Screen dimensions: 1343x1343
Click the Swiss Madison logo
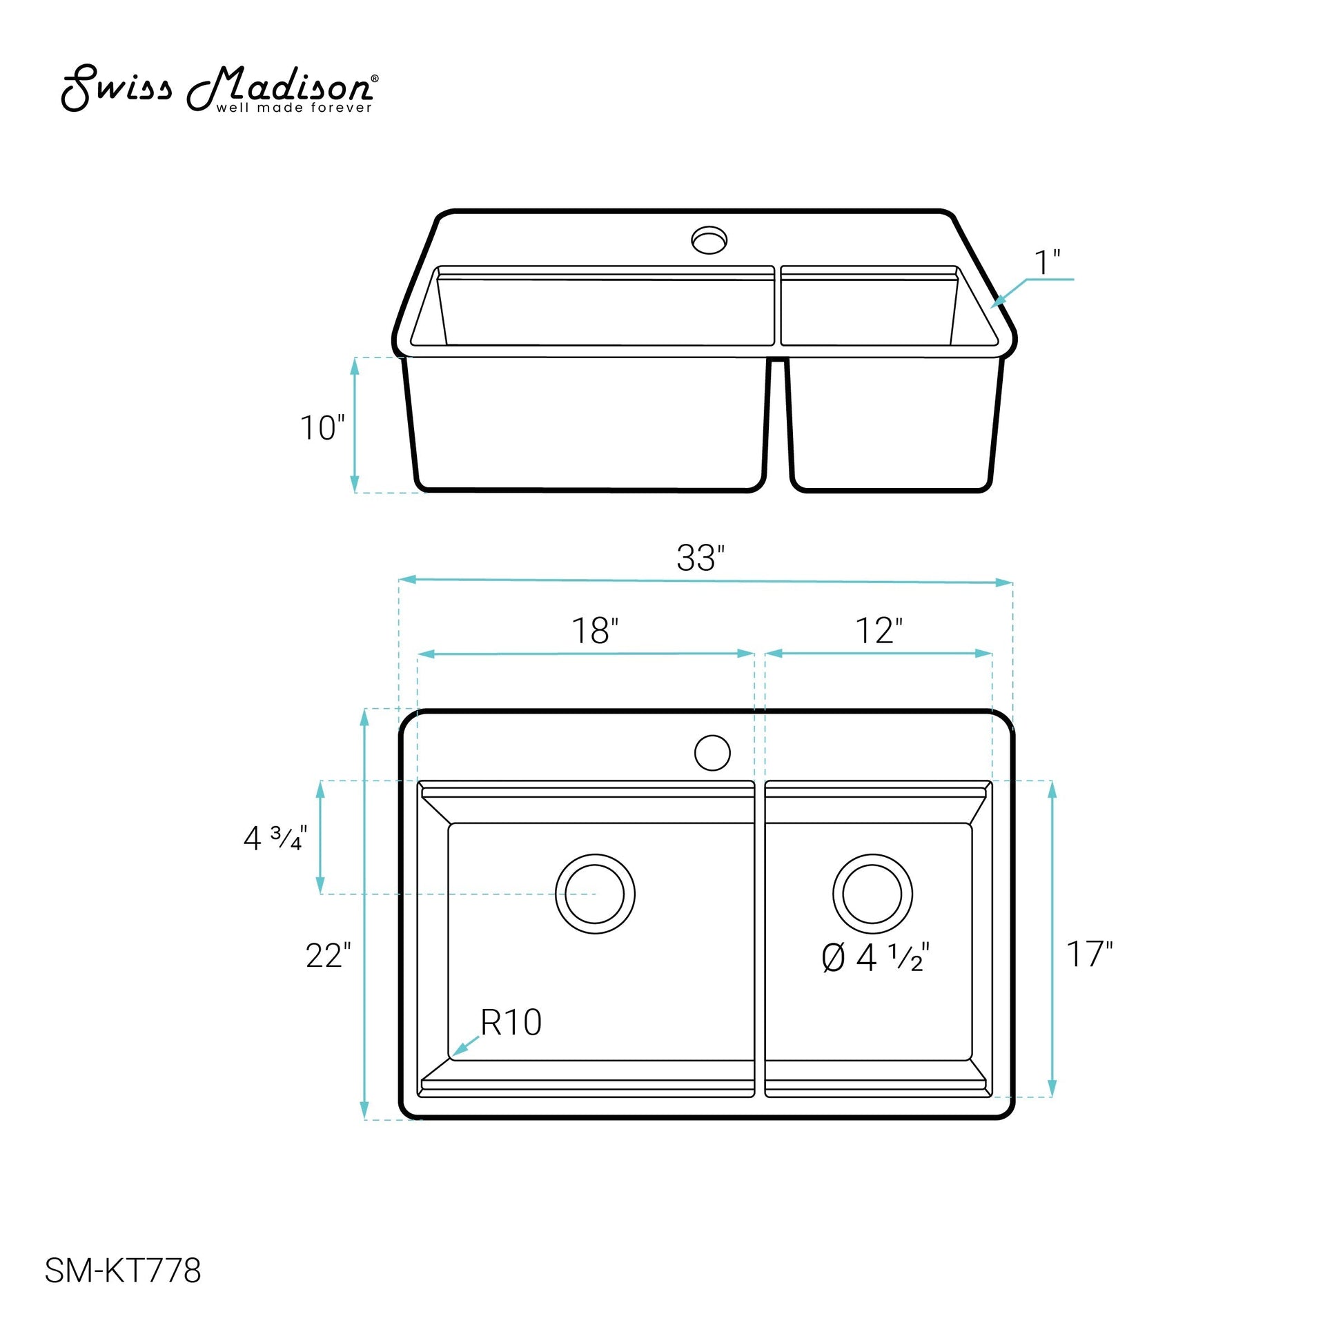[220, 89]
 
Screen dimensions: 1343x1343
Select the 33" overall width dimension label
[700, 558]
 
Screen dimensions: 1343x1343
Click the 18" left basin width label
[595, 631]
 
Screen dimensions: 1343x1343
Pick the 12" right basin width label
[879, 631]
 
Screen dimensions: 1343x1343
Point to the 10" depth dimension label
[322, 427]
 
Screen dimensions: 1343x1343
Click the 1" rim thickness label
[1047, 263]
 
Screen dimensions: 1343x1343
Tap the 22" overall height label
[329, 956]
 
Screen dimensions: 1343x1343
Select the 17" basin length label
[1089, 954]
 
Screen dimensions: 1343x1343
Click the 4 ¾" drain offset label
[275, 839]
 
